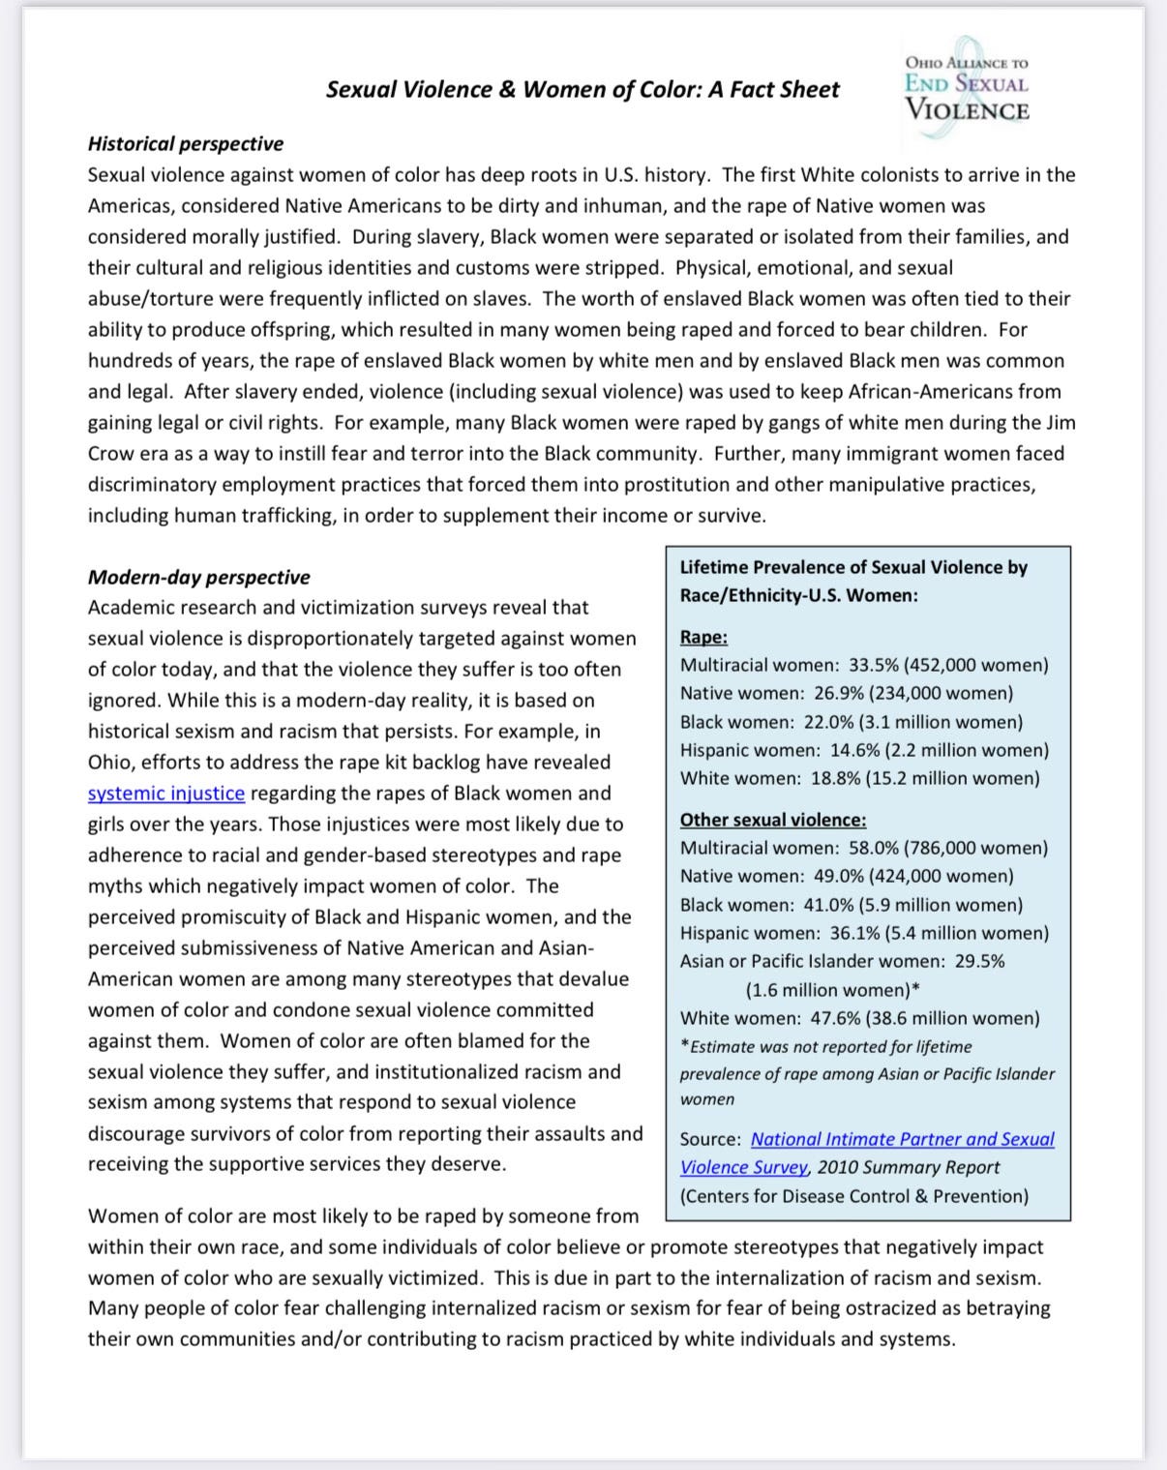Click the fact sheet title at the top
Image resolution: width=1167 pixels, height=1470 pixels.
[583, 90]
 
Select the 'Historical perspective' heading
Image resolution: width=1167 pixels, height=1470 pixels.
[186, 144]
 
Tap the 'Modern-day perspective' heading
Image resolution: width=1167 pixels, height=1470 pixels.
[199, 578]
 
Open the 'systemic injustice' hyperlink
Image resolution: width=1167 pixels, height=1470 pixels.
[166, 794]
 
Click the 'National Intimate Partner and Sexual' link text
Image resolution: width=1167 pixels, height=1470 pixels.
[902, 1140]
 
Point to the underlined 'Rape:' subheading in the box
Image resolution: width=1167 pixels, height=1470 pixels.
[703, 638]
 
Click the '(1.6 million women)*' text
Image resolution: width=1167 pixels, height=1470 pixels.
[832, 990]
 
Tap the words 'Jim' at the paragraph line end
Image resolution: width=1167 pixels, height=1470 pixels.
[1059, 423]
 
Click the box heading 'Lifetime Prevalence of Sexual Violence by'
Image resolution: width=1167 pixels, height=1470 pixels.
[853, 568]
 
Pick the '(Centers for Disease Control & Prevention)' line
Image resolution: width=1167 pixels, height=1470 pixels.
[854, 1196]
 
